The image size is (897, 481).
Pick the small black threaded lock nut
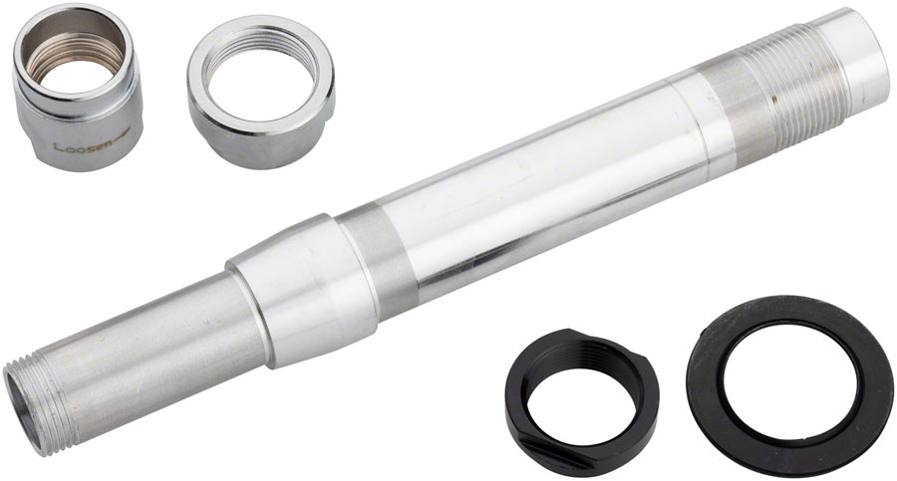coord(582,388)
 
